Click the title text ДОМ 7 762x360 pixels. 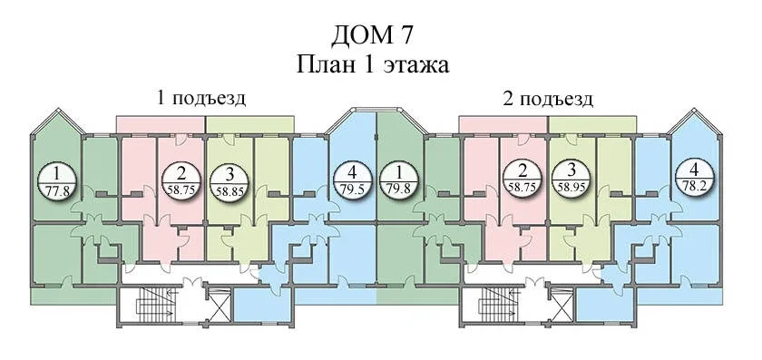(374, 37)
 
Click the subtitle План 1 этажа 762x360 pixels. (373, 65)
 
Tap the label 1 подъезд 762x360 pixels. (200, 99)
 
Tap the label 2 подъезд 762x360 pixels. (547, 99)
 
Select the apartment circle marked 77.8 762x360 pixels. (57, 180)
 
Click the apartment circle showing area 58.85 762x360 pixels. (230, 180)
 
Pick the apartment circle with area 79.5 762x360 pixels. (353, 180)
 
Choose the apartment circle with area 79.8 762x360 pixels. (398, 180)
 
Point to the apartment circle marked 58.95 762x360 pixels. (571, 180)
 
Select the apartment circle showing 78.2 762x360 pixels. (695, 179)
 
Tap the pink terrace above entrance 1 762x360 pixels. (161, 124)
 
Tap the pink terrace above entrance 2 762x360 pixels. (503, 124)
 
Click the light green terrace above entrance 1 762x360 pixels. (249, 124)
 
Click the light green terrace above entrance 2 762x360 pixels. (592, 124)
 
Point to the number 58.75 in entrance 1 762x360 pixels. (181, 190)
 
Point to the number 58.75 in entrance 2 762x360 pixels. (523, 187)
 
